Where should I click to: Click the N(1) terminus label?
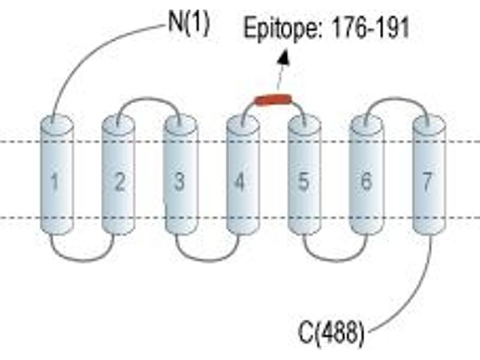tap(189, 23)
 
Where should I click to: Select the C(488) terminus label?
tap(331, 333)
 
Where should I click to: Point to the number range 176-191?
tap(370, 27)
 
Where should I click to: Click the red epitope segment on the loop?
tap(274, 100)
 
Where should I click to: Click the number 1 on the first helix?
tap(55, 182)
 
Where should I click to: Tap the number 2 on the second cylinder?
tap(119, 182)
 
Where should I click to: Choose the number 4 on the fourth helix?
tap(239, 182)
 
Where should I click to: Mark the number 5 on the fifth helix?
tap(303, 181)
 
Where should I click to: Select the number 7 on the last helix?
tap(427, 182)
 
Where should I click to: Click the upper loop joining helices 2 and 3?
tap(149, 98)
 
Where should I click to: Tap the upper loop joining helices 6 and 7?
tap(397, 98)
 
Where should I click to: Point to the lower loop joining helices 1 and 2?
tap(83, 260)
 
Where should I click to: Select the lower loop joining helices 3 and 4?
tap(208, 260)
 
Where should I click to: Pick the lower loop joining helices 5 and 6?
tap(335, 260)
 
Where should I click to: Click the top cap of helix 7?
tap(429, 124)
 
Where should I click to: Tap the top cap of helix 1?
tap(57, 124)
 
